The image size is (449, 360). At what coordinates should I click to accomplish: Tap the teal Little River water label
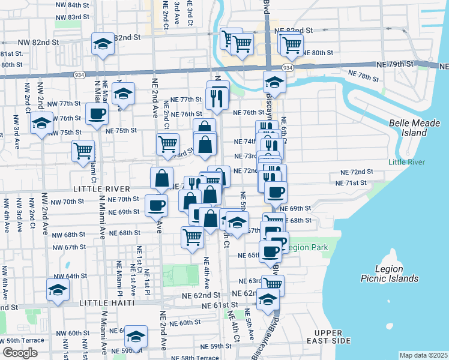406,162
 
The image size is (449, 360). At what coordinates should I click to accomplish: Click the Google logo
20,353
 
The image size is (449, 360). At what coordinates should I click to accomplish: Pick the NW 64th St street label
72,276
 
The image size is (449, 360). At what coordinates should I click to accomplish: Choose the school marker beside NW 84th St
103,44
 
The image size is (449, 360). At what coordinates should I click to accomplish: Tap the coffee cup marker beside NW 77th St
97,113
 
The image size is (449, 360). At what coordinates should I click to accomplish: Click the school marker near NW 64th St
58,291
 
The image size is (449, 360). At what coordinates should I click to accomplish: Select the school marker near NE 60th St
136,337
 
